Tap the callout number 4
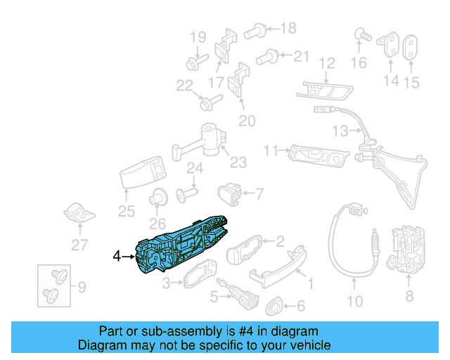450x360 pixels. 117,257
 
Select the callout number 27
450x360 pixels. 79,245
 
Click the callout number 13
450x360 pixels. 340,131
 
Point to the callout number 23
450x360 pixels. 238,162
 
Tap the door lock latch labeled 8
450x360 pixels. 409,251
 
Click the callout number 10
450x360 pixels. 356,302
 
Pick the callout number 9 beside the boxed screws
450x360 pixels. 82,287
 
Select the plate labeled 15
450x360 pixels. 411,49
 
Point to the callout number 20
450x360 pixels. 246,120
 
